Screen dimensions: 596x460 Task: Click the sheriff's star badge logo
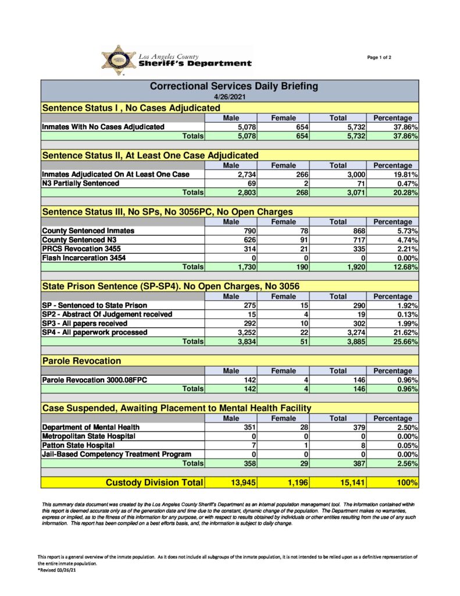click(x=119, y=60)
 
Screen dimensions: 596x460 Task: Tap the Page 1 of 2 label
click(x=379, y=57)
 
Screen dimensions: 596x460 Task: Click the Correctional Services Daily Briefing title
click(x=234, y=86)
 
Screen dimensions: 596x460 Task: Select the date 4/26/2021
click(x=230, y=97)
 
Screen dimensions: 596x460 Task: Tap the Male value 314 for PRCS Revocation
click(x=248, y=249)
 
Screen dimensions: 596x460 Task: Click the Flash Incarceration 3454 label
click(x=84, y=258)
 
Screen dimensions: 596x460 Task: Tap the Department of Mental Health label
click(x=91, y=427)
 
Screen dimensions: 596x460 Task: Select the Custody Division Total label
click(x=154, y=483)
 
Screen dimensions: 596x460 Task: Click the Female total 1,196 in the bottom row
click(x=297, y=483)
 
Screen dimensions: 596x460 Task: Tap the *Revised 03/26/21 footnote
click(x=56, y=570)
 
